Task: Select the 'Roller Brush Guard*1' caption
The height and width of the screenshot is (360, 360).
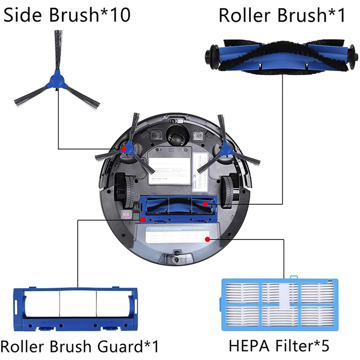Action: tap(80, 346)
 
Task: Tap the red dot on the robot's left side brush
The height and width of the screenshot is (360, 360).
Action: tap(123, 148)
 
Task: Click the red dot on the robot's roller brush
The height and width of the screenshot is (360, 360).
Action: tap(205, 203)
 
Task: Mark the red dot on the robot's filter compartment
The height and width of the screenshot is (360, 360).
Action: tap(207, 239)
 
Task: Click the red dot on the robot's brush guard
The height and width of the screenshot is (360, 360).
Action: tap(143, 220)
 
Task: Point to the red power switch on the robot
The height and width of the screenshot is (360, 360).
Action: tap(127, 215)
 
